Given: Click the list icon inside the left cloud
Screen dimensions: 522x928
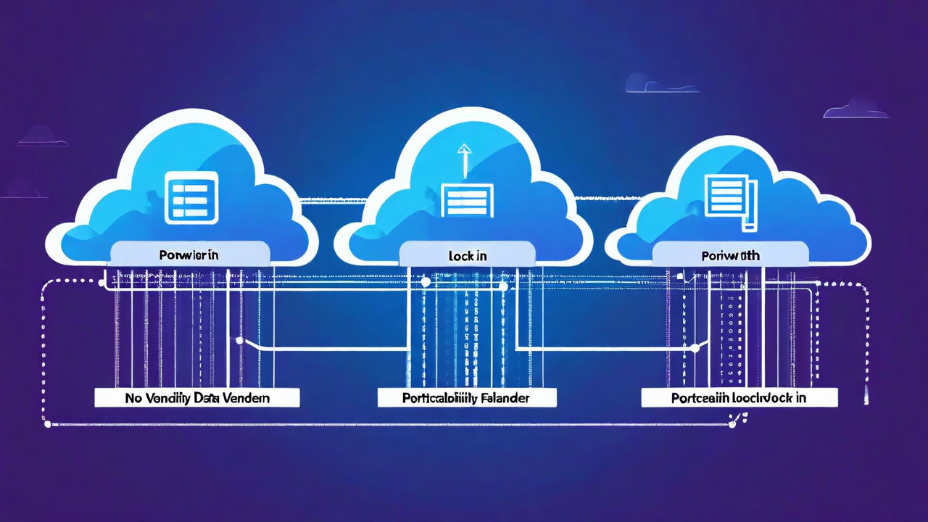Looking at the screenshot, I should [x=191, y=196].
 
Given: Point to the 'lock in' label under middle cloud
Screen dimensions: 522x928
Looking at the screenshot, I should [x=468, y=256].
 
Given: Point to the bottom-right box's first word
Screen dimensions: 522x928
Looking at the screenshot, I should [x=701, y=398].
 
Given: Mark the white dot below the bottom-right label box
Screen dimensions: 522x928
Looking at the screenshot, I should [x=732, y=424].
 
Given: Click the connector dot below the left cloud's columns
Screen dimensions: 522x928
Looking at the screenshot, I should [x=239, y=339].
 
